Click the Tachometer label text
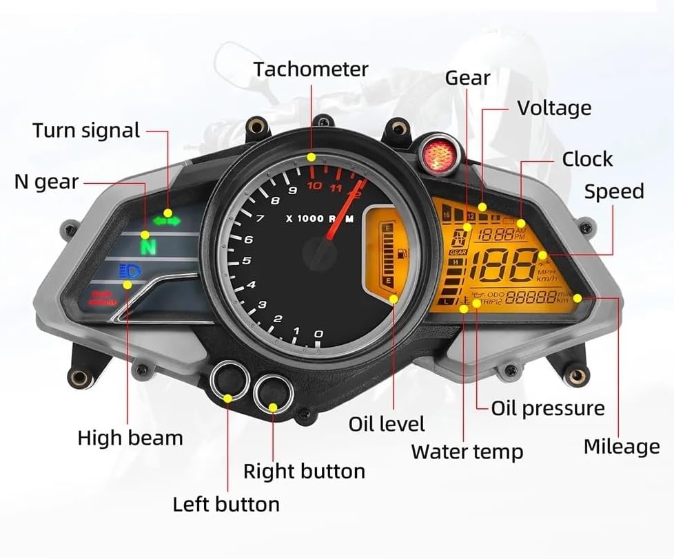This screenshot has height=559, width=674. pyautogui.click(x=310, y=70)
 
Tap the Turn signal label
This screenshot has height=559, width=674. pyautogui.click(x=86, y=130)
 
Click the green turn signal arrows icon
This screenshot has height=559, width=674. pyautogui.click(x=167, y=221)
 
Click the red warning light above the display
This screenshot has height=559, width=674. pyautogui.click(x=436, y=151)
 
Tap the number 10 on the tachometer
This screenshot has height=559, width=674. pyautogui.click(x=314, y=186)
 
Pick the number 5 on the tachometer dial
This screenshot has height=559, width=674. pyautogui.click(x=246, y=261)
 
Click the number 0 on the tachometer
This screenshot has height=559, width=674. pyautogui.click(x=318, y=335)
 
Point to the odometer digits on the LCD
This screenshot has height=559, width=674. pyautogui.click(x=531, y=298)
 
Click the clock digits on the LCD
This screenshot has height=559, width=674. pyautogui.click(x=496, y=235)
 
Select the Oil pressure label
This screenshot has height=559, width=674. pyautogui.click(x=547, y=408)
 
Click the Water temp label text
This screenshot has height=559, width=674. pyautogui.click(x=467, y=452)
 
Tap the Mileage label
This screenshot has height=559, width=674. pyautogui.click(x=621, y=447)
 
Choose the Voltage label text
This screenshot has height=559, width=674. pyautogui.click(x=553, y=108)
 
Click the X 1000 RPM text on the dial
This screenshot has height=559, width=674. pyautogui.click(x=320, y=218)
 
